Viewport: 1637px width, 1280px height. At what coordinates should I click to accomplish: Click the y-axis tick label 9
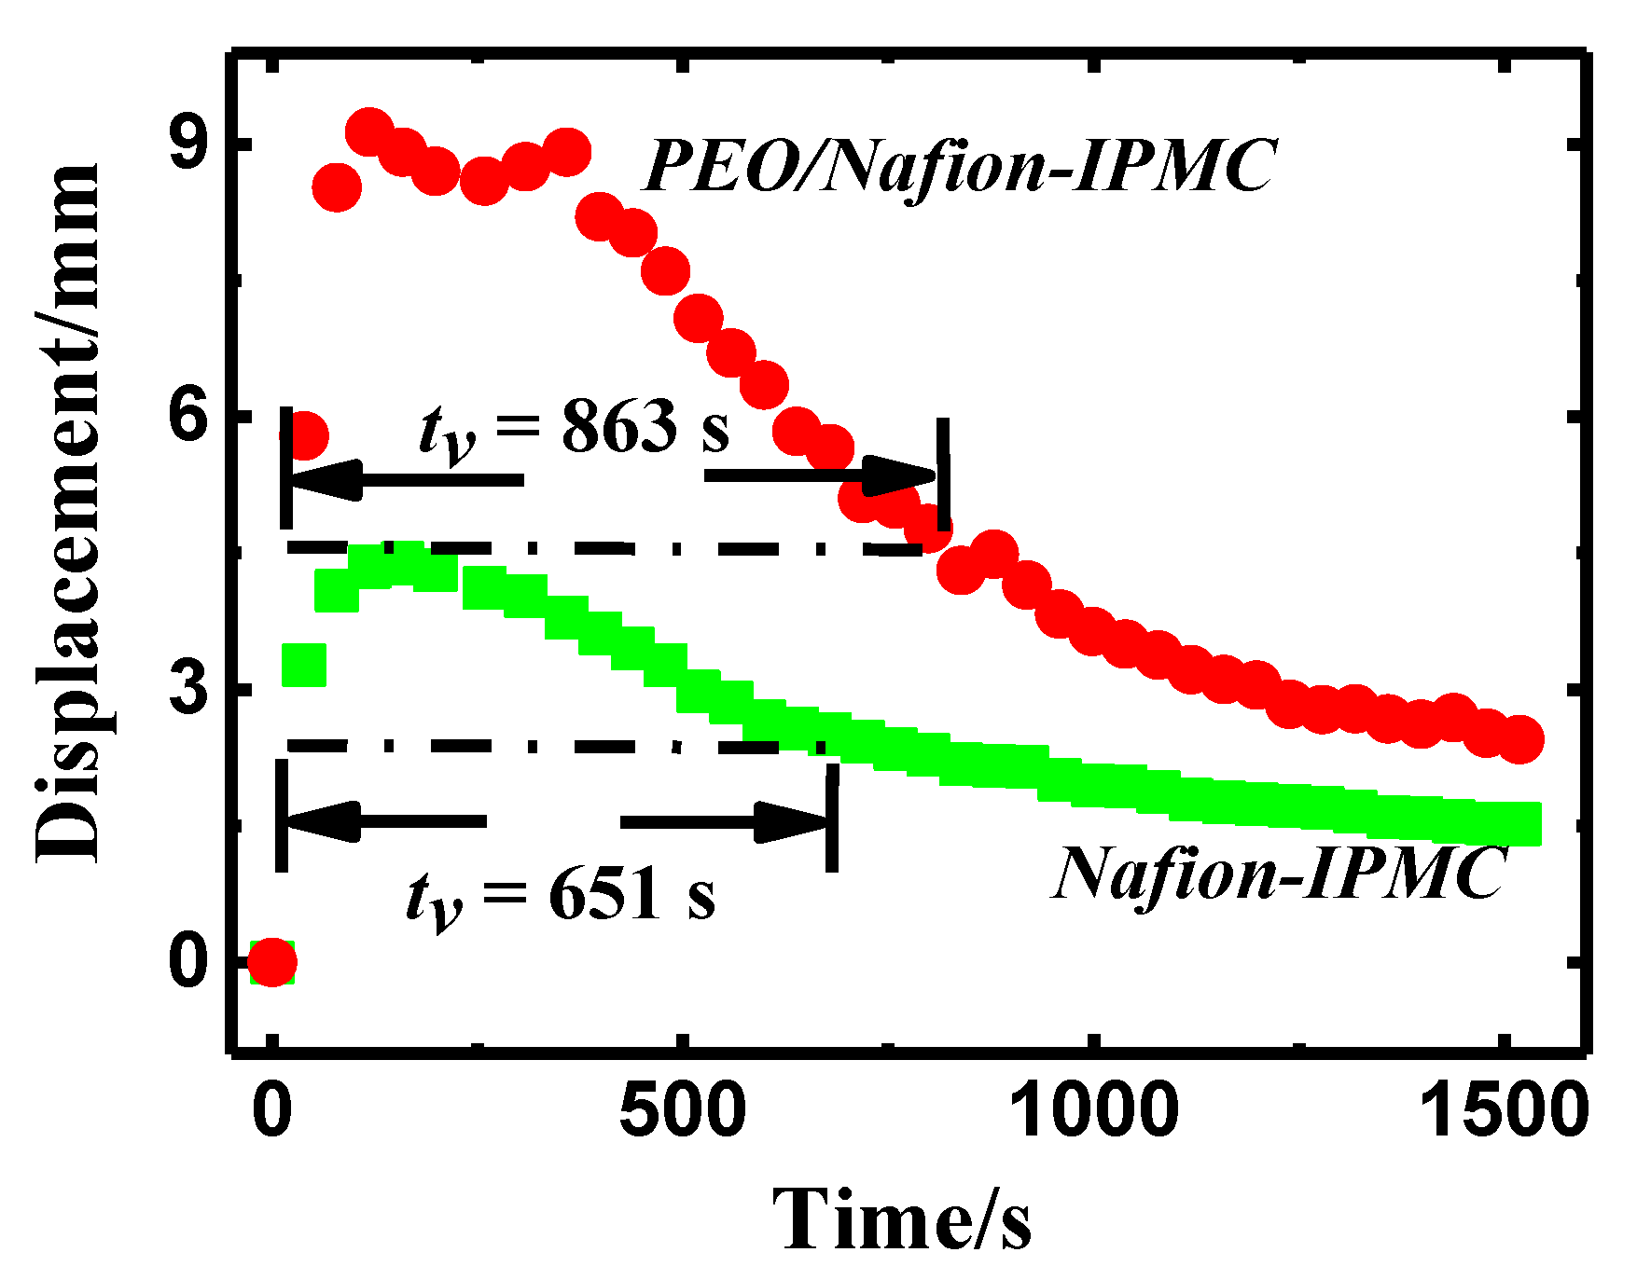(x=189, y=143)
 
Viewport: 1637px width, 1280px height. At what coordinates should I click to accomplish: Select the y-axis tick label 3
(x=189, y=690)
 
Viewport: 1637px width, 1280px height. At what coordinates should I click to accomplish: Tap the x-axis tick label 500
(x=683, y=1110)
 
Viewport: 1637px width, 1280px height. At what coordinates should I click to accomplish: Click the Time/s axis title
(x=902, y=1219)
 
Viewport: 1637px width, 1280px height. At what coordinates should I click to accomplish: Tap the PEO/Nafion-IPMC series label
(x=959, y=167)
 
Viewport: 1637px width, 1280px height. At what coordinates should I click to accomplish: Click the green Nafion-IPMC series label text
(x=1279, y=874)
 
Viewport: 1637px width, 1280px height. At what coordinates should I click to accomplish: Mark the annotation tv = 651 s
(x=561, y=897)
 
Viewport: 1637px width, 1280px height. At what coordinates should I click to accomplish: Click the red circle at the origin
(x=271, y=962)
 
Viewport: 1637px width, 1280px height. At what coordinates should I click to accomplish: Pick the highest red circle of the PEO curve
(x=368, y=131)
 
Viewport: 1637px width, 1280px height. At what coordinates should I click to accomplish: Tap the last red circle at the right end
(x=1519, y=739)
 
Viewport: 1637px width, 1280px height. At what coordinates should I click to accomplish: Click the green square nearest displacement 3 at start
(x=304, y=665)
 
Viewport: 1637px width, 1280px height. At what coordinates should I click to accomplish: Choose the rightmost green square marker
(x=1519, y=823)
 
